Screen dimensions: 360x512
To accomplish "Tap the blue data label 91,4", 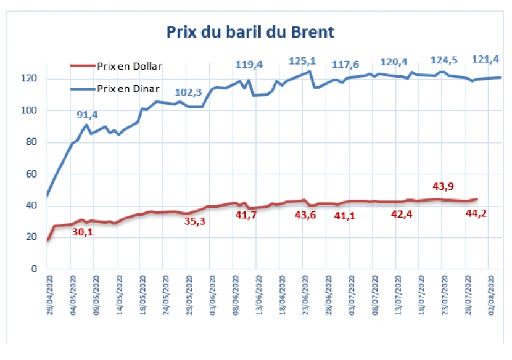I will pos(87,115).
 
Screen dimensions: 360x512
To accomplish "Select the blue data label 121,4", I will pos(485,59).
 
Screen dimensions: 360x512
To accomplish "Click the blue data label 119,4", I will pos(249,64).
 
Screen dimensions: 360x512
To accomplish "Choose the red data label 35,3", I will pos(196,221).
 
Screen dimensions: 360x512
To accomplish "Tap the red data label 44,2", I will pos(475,213).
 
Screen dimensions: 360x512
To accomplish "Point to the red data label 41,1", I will pos(346,216).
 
